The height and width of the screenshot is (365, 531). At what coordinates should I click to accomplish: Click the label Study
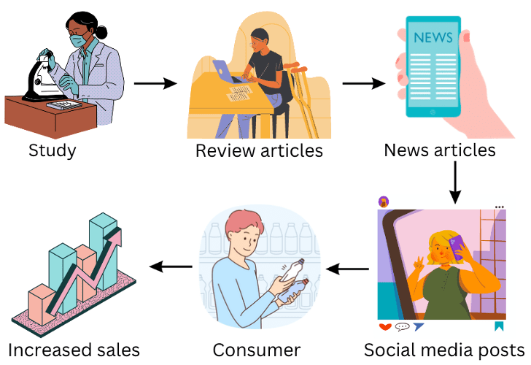(x=53, y=151)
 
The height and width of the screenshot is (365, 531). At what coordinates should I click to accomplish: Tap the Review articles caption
(x=259, y=151)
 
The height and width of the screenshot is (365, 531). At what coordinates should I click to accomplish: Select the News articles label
(x=440, y=150)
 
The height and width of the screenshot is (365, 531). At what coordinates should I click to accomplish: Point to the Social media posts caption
(x=444, y=348)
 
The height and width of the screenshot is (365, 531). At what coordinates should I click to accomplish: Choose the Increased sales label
(x=74, y=348)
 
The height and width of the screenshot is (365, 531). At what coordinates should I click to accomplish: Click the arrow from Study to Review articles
(x=156, y=83)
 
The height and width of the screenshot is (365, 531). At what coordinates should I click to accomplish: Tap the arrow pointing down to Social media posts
(x=455, y=182)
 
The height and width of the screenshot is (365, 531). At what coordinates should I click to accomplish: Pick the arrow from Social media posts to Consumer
(x=348, y=269)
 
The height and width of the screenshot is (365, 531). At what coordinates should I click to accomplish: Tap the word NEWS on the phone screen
(x=433, y=36)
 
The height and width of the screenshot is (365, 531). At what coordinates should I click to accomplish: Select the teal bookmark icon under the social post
(x=500, y=326)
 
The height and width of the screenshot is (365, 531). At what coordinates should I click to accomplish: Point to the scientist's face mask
(x=80, y=41)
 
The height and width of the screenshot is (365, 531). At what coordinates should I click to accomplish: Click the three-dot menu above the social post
(x=500, y=207)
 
